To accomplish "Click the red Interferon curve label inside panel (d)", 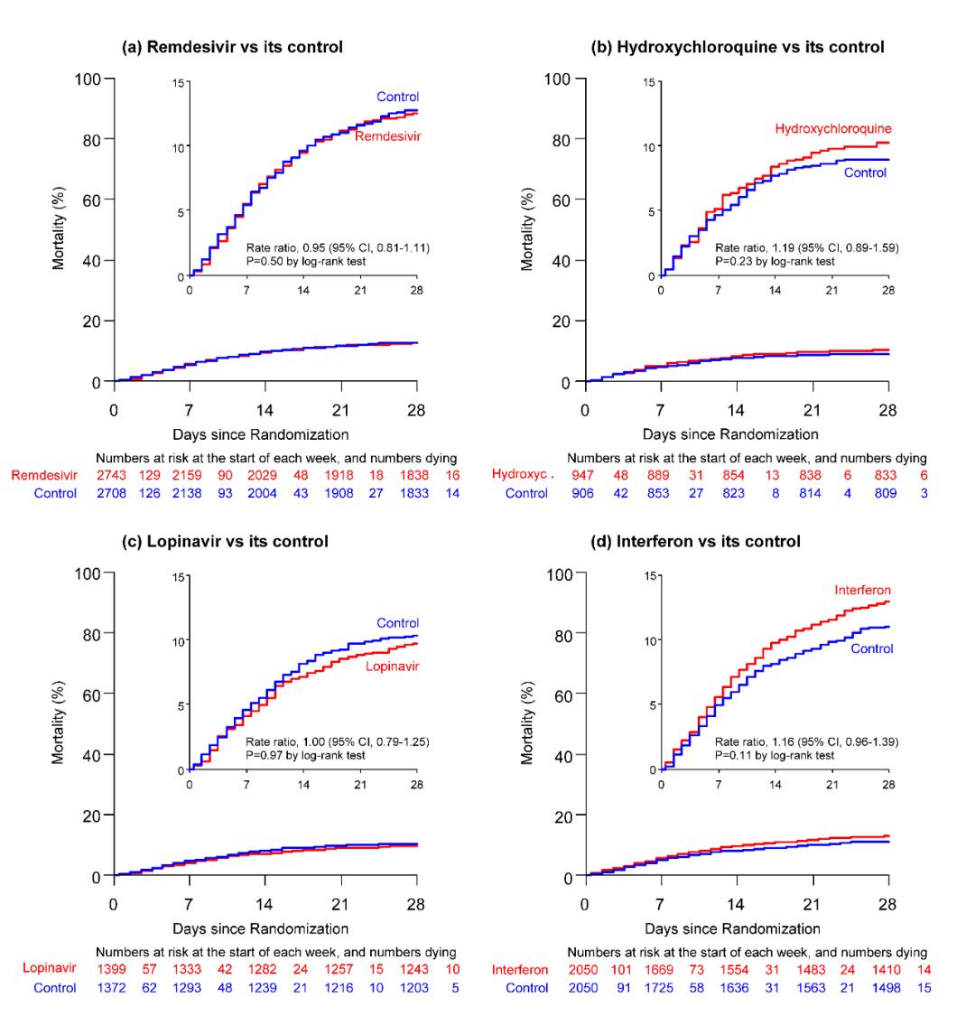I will pos(863,591).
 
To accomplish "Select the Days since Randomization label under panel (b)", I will pos(736,433).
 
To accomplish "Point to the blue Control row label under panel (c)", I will pos(52,988).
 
